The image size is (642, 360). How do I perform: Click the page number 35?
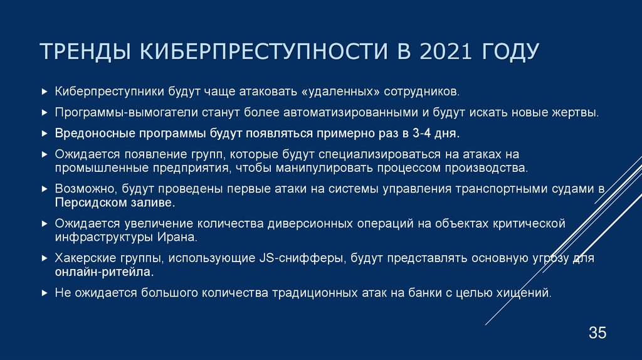597,333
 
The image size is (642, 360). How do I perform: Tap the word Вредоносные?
90,134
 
